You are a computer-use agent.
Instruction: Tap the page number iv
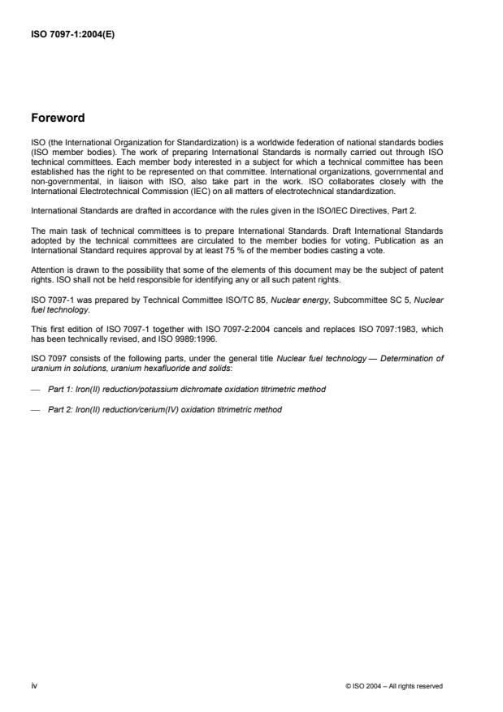coord(33,686)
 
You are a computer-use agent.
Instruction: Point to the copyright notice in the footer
coord(393,686)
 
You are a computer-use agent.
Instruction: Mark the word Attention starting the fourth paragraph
coord(46,271)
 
